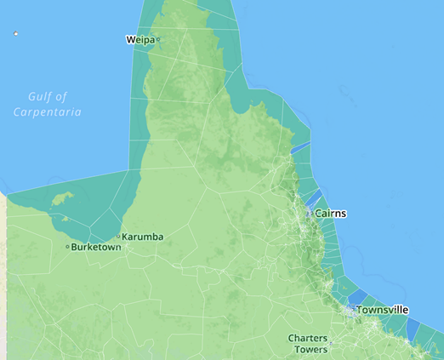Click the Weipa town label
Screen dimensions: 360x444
(139, 39)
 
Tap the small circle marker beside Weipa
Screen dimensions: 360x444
(158, 39)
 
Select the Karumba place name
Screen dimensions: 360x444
(143, 237)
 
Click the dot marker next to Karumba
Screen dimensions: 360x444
(118, 237)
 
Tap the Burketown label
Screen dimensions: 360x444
(97, 248)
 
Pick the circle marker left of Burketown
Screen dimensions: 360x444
(67, 247)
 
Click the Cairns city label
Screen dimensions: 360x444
(331, 213)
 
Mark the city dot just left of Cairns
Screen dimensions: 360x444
(310, 213)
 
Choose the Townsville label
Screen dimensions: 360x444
(383, 310)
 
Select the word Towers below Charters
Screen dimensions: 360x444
(310, 350)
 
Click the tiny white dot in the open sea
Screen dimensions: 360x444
(15, 33)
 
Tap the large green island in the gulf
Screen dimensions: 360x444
(61, 199)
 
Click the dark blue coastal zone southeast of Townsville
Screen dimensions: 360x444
(414, 329)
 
